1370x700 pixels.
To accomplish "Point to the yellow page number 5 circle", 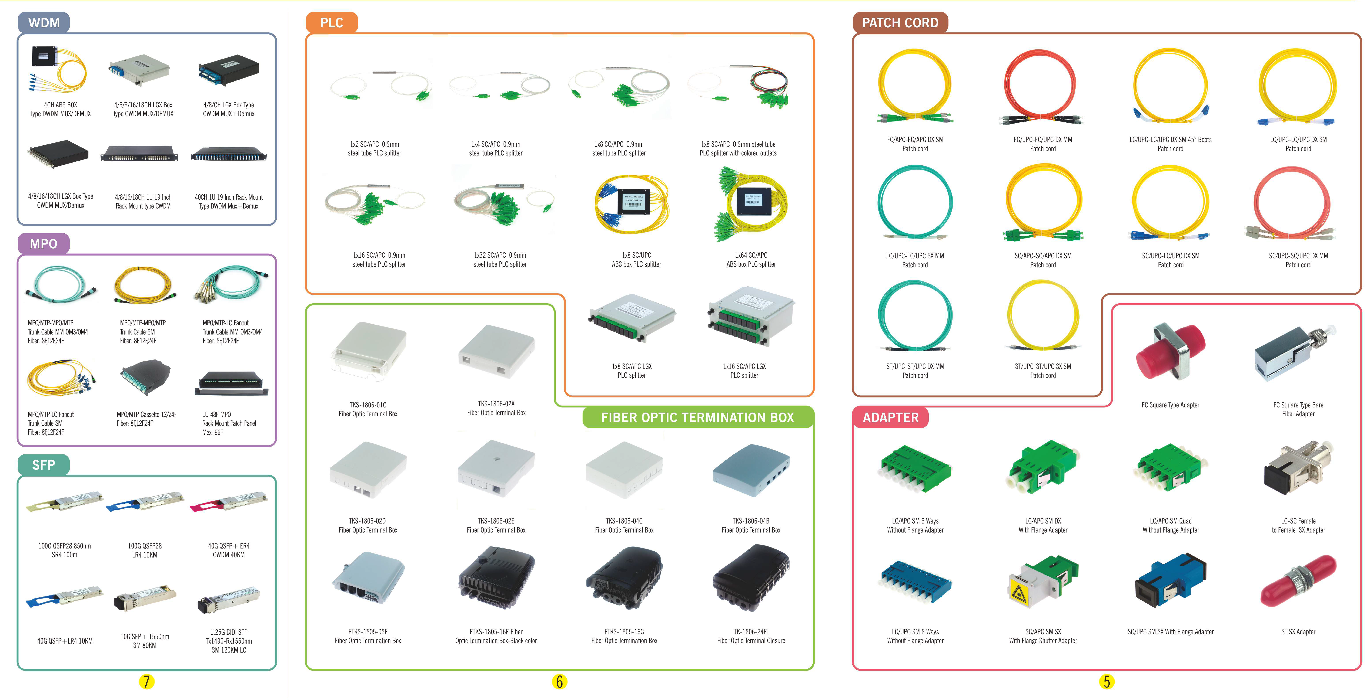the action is (1107, 681).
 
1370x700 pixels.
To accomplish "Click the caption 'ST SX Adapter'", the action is (1298, 632).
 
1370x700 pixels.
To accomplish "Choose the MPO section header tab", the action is (44, 244).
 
